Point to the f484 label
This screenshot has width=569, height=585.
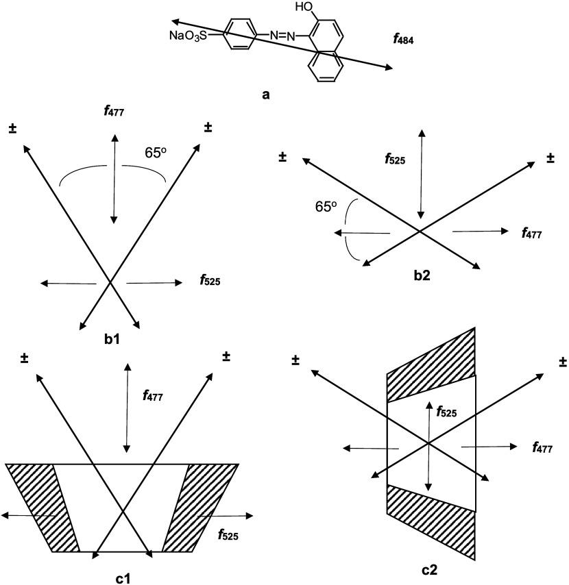pos(403,40)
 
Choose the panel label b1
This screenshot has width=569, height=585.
pos(110,339)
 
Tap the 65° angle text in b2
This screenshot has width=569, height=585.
pos(326,206)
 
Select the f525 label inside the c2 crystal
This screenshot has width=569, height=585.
pos(446,412)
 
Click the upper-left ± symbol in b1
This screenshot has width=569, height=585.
pos(12,128)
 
